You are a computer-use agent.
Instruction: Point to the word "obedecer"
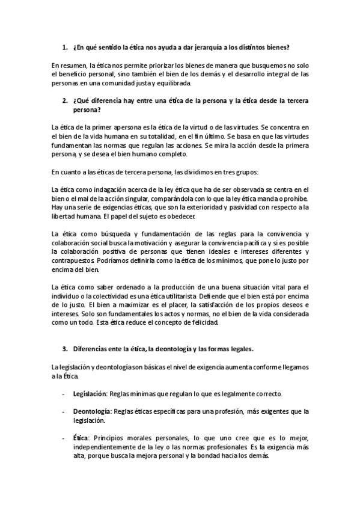coord(195,215)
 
